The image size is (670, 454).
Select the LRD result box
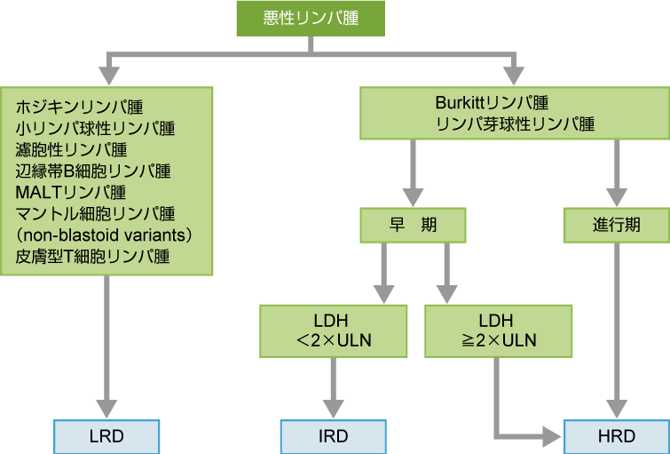coord(106,436)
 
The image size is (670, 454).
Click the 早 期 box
coord(414,226)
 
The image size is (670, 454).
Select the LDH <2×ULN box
coord(333,331)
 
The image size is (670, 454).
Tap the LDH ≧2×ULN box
coord(493,331)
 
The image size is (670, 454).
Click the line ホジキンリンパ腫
coord(79,108)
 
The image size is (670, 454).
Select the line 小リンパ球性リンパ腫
coord(95,129)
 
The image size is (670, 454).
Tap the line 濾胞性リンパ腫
coord(71,150)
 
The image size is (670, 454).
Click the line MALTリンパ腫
coord(70,192)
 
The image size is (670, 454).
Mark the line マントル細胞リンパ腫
coord(95,213)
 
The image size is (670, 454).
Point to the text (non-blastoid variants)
coord(104,235)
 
